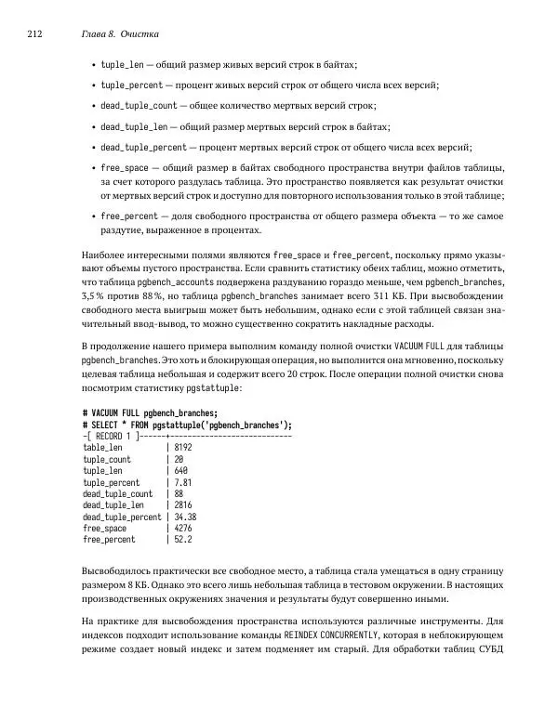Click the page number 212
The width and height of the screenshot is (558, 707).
(x=34, y=34)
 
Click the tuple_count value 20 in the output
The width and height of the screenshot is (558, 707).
(x=179, y=459)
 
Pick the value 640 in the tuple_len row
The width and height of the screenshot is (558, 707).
(x=180, y=471)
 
